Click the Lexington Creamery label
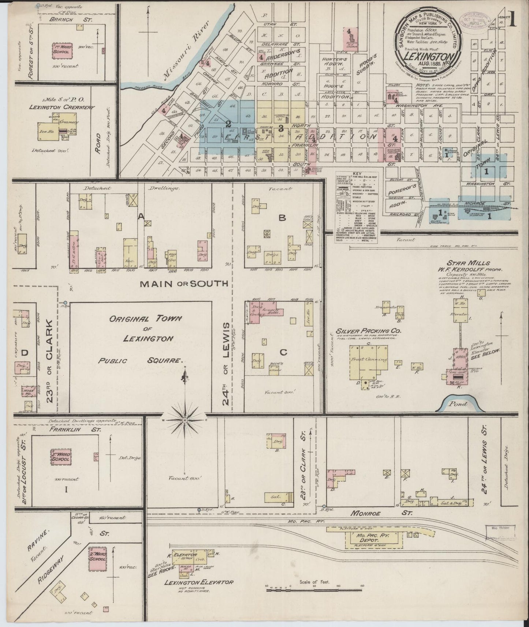[63, 107]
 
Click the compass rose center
[185, 420]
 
